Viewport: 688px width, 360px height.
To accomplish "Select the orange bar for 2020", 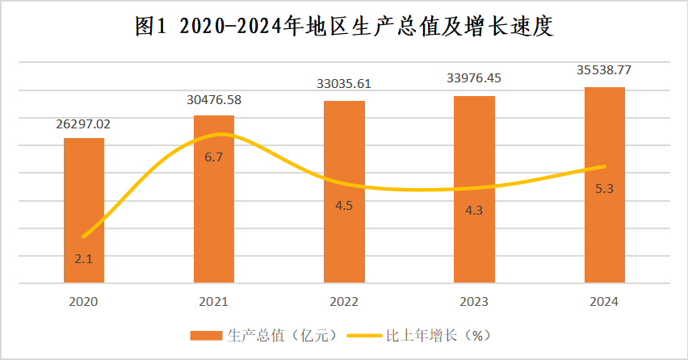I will tap(84, 210).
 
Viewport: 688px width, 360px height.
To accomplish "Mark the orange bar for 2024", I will tap(604, 185).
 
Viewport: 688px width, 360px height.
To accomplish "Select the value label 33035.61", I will tap(344, 83).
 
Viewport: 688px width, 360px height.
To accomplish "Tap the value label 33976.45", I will tap(474, 78).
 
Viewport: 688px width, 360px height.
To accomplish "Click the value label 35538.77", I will tap(604, 70).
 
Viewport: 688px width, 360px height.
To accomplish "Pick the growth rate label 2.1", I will tap(84, 259).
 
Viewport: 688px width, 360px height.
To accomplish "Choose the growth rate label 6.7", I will tap(214, 157).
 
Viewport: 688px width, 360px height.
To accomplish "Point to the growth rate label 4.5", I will tap(344, 205).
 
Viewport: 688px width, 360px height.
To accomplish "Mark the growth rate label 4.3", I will tap(474, 211).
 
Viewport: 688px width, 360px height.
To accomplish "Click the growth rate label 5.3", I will tap(604, 189).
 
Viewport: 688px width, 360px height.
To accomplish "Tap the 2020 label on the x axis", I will tap(84, 302).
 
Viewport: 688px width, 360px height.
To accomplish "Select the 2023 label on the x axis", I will tap(474, 302).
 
